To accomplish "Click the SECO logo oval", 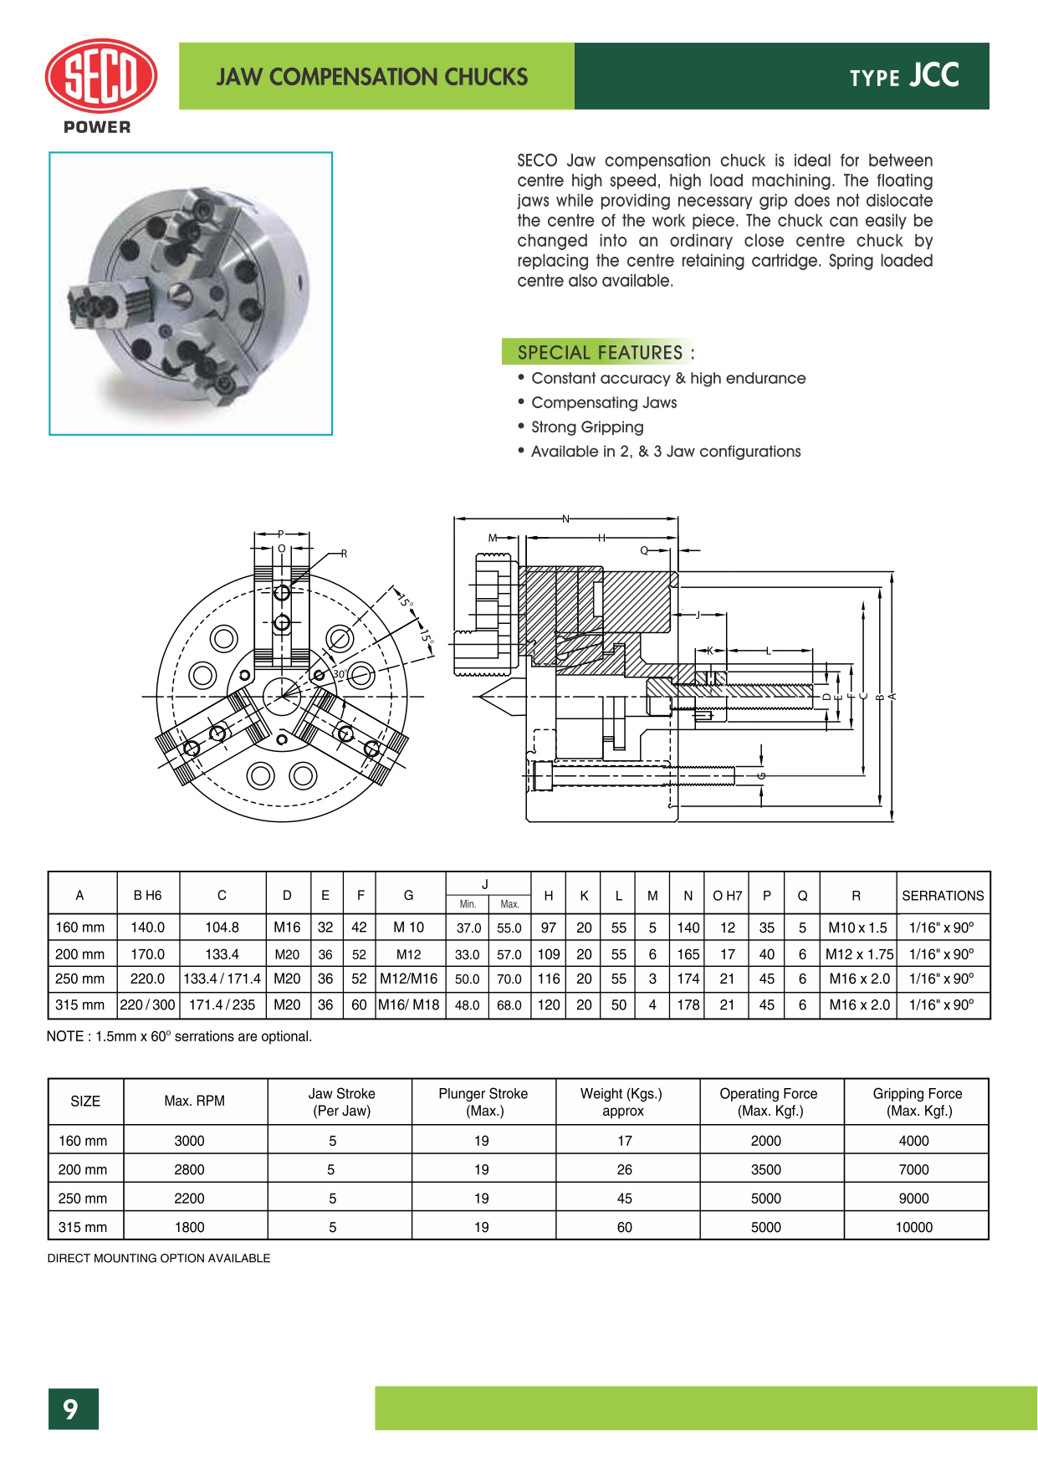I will [x=100, y=76].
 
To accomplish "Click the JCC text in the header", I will [x=934, y=76].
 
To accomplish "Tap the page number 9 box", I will [x=73, y=1409].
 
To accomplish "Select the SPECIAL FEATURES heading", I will [x=600, y=352].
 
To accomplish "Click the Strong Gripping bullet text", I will [x=587, y=427].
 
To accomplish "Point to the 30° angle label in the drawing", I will [x=340, y=674].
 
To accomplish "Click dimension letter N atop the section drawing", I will [x=565, y=519].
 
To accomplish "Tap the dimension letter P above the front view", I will [x=281, y=534].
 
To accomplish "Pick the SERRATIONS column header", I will [x=943, y=896].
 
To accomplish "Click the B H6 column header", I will [x=147, y=896].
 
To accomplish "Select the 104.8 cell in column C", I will [x=222, y=928].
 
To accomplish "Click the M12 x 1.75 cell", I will [x=859, y=954].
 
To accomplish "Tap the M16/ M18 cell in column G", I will [x=409, y=1005].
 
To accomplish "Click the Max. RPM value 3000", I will [x=189, y=1141].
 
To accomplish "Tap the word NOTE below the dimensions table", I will [x=65, y=1037].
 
